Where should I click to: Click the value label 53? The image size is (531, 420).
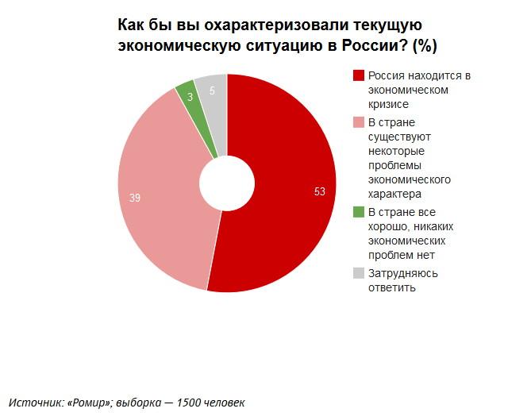[320, 191]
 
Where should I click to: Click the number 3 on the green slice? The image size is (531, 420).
[190, 97]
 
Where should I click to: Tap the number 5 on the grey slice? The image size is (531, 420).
[212, 91]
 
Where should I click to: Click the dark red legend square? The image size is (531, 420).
[359, 76]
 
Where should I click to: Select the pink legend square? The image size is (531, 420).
[359, 123]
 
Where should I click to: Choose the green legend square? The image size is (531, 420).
[359, 212]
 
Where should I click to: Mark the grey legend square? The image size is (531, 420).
[359, 273]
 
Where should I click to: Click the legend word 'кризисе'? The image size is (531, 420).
[388, 104]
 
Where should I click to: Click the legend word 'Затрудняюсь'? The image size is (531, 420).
[402, 273]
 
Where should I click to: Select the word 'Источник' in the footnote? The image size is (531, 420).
[34, 402]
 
